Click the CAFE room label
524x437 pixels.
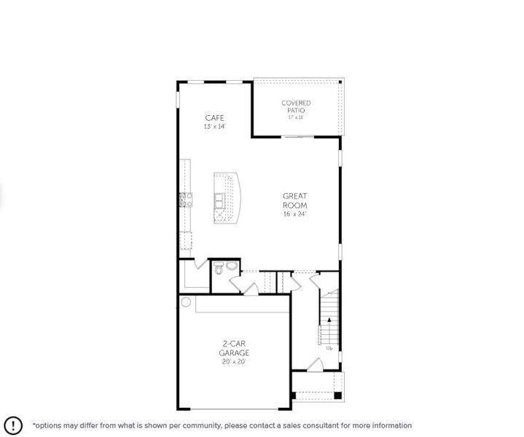coord(214,117)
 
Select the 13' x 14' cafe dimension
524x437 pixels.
coord(214,126)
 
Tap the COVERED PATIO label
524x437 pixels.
coord(296,106)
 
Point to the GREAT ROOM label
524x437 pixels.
coord(295,200)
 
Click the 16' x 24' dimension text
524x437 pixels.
coord(295,213)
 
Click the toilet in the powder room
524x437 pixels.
coord(219,270)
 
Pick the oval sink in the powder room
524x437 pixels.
coord(231,266)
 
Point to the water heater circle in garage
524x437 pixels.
coord(186,302)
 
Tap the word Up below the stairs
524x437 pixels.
coord(329,348)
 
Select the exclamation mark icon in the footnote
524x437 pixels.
coord(12,425)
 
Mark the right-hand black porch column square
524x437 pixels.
coord(337,395)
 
